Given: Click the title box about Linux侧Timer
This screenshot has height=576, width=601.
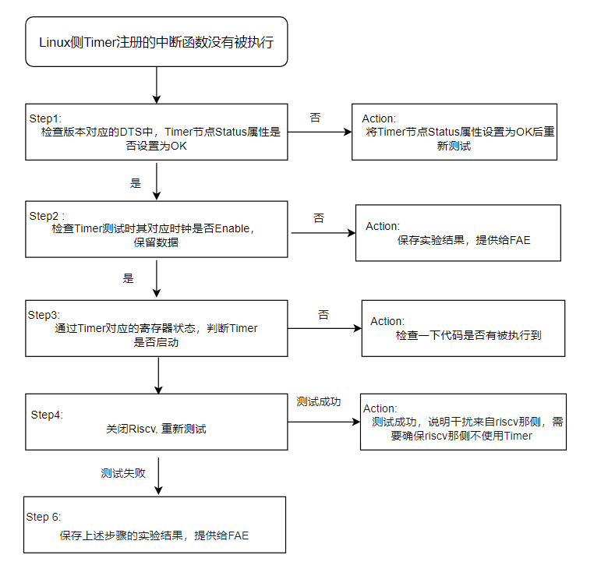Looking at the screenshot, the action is point(157,42).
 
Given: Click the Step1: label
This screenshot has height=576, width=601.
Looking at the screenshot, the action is point(45,118).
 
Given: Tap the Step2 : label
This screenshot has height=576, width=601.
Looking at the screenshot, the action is point(47,216).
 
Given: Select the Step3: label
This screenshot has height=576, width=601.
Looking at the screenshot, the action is point(44,315).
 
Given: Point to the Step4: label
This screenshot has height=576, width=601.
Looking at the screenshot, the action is point(47,415).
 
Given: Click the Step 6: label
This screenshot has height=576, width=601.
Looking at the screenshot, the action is point(44,517).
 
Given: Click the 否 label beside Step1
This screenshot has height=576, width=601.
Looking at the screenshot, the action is point(315,118).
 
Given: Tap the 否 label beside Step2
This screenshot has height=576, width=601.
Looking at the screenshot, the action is point(319,218).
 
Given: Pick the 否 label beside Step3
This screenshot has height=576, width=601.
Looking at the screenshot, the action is point(323,315).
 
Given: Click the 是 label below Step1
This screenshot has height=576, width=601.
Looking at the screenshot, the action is point(136,183).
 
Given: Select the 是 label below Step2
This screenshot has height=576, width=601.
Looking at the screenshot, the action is point(128,278).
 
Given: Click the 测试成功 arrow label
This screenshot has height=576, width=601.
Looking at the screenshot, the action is point(319,401).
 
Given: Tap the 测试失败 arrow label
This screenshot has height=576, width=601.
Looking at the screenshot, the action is point(123,473).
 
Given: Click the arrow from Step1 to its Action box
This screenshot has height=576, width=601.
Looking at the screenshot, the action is point(320,132).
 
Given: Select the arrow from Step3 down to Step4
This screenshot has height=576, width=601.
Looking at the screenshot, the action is point(158,376).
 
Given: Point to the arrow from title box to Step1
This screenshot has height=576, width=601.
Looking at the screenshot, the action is point(157,85).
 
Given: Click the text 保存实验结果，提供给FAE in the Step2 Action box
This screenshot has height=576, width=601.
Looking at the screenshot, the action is point(464,240).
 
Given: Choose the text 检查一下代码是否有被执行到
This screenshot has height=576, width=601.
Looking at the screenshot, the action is point(468,335).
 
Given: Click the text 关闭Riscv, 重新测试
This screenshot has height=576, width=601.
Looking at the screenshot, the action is point(156,429).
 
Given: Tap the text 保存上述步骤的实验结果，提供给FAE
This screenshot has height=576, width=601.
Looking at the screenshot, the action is point(154,535).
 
